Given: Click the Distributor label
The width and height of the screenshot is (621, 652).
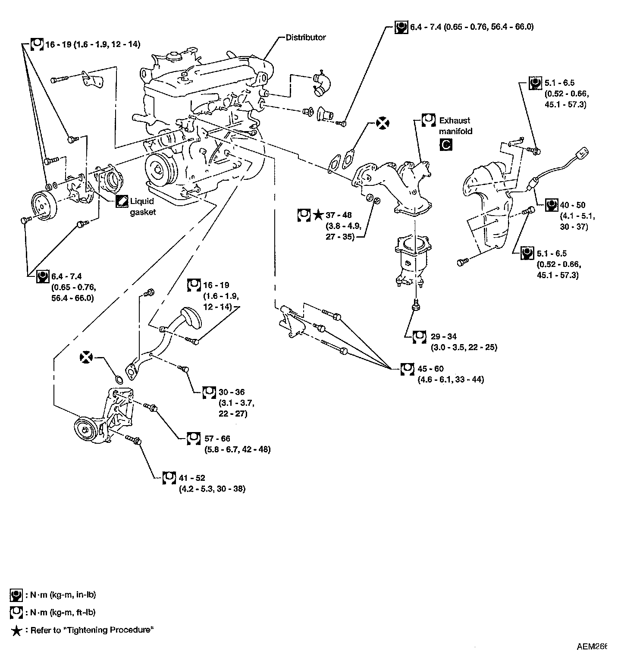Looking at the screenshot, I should pos(306,38).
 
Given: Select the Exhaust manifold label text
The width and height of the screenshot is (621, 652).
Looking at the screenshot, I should pos(455,126).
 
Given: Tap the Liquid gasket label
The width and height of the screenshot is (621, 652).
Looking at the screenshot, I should pos(142,207).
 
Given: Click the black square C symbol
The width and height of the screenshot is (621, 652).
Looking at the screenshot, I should pos(446,145).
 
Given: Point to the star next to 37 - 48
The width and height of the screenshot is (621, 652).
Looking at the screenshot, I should pos(318,214).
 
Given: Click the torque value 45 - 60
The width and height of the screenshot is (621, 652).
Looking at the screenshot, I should pos(430,369).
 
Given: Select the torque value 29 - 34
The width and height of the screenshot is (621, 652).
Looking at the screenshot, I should pos(443,336).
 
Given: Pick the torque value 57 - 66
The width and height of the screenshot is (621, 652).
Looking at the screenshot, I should pos(217,439).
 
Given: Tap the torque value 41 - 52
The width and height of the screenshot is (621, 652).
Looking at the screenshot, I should pos(193,478).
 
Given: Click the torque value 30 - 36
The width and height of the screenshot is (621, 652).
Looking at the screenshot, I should pos(232,392).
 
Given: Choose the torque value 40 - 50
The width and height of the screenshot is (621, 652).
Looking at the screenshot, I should pos(572,205).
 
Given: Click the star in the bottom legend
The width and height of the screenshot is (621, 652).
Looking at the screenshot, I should pos(16,631).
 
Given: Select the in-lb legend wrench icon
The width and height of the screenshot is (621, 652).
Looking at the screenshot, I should pos(16,596).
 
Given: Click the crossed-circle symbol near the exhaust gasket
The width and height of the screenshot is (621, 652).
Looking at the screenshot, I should pos(382,123).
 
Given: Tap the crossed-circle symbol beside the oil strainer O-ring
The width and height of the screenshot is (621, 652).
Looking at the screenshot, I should pos(87,357).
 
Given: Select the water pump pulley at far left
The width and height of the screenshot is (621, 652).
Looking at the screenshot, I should pos(43,205).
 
